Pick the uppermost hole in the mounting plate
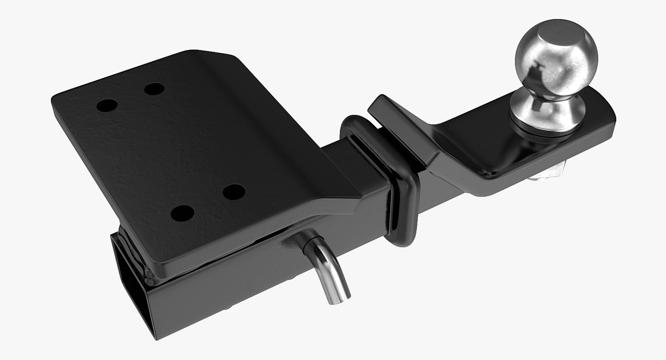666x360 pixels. [154, 89]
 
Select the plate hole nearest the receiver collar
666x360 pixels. [234, 191]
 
